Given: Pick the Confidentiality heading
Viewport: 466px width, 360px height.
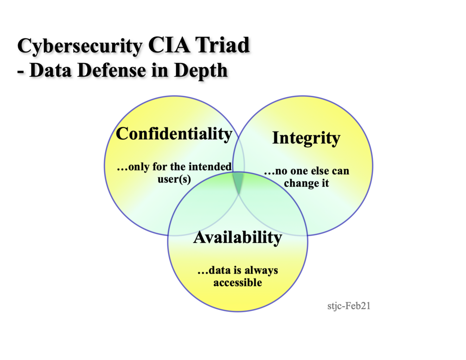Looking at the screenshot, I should pyautogui.click(x=174, y=134).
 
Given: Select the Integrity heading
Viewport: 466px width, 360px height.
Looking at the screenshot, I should pyautogui.click(x=306, y=138).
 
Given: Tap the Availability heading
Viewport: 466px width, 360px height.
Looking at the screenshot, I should pyautogui.click(x=237, y=238).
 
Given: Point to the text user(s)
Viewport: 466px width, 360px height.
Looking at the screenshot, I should pyautogui.click(x=174, y=178).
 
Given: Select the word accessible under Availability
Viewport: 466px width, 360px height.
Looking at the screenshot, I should pyautogui.click(x=237, y=282).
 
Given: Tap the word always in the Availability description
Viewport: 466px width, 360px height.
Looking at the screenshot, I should pyautogui.click(x=262, y=270).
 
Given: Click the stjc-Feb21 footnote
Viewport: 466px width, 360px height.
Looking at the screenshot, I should pyautogui.click(x=349, y=306).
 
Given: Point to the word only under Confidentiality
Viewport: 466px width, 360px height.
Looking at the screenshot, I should pyautogui.click(x=137, y=166).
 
